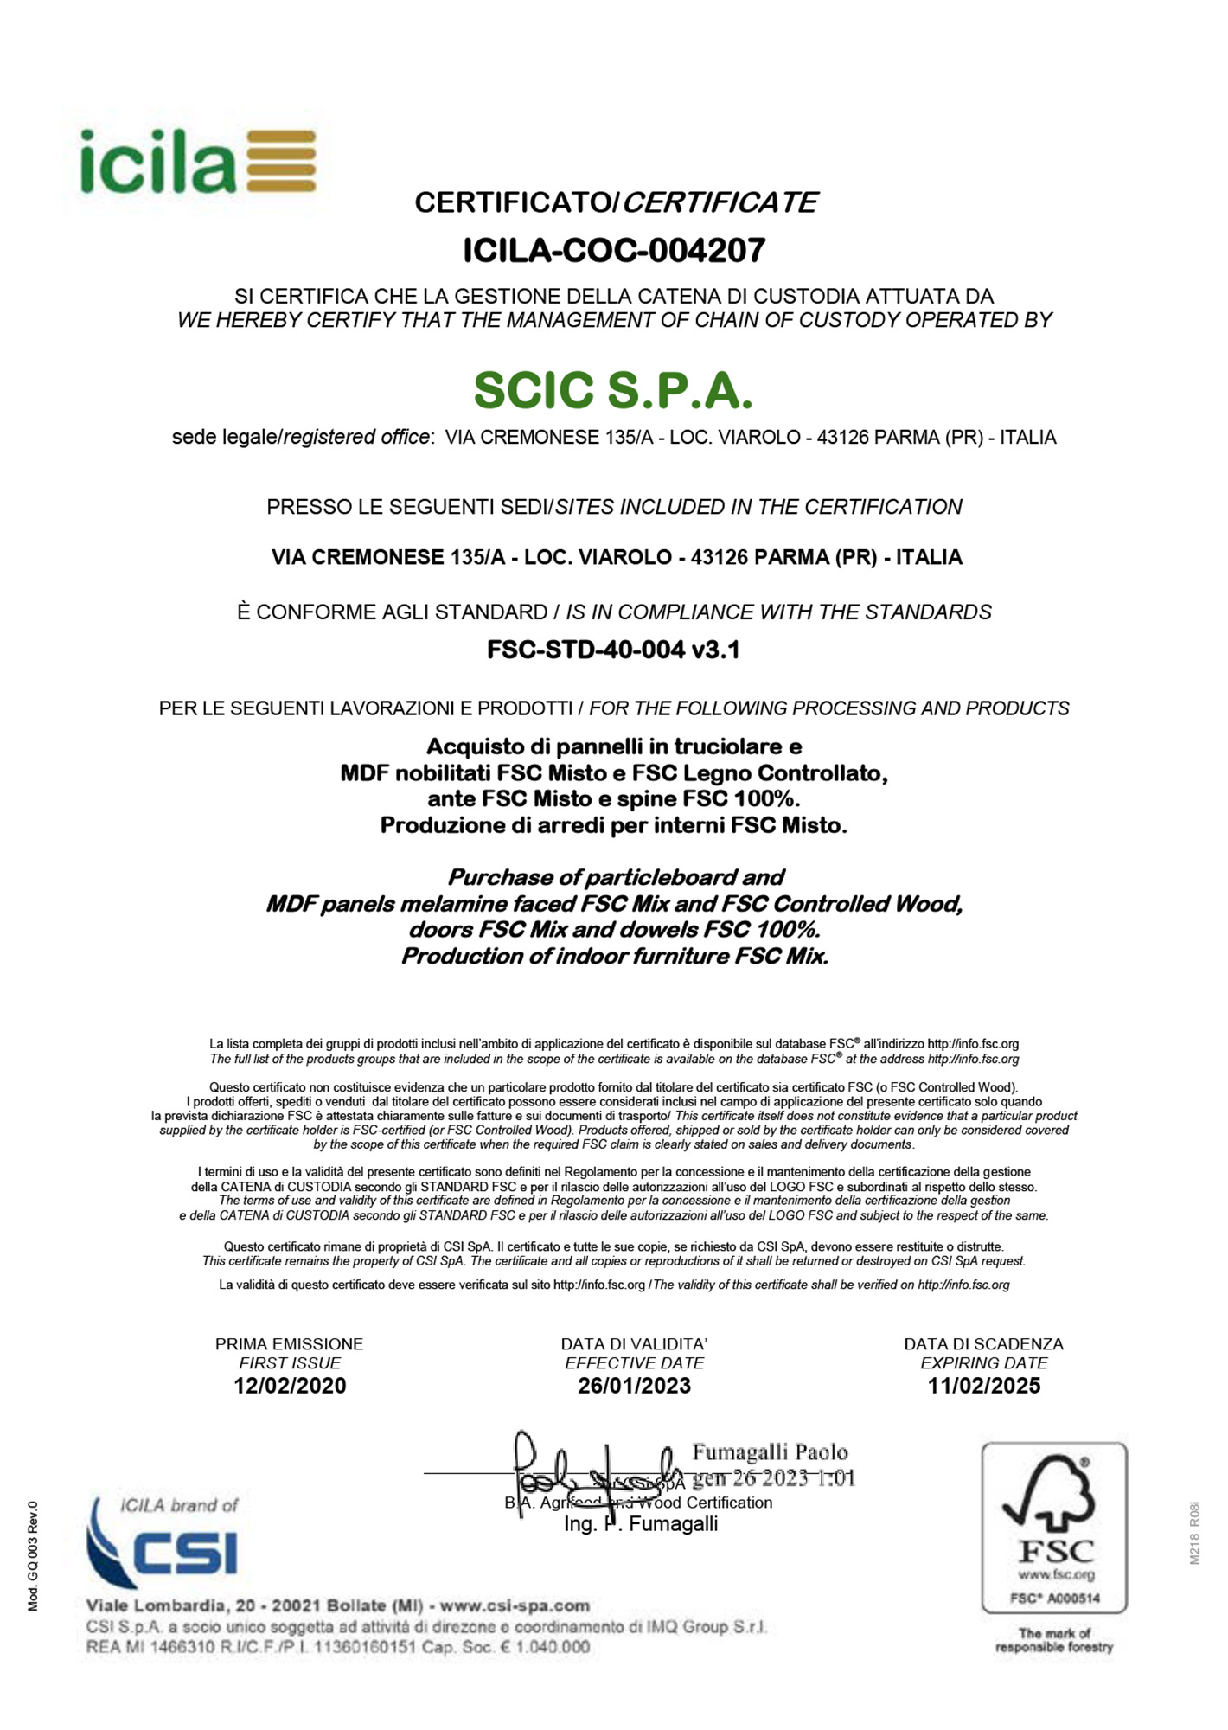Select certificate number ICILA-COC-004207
click(614, 251)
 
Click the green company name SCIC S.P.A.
click(613, 390)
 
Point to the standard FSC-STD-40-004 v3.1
click(613, 649)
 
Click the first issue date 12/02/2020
click(290, 1386)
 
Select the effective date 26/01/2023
click(634, 1386)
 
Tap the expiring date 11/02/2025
click(983, 1386)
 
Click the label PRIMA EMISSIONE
click(290, 1344)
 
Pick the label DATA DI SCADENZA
click(983, 1344)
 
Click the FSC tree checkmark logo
click(1052, 1496)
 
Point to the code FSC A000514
click(1054, 1599)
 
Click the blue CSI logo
click(164, 1550)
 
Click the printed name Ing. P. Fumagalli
click(640, 1524)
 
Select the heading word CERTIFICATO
click(513, 202)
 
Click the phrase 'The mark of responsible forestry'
click(1053, 1640)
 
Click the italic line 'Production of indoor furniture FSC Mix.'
click(614, 956)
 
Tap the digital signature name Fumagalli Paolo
click(770, 1452)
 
